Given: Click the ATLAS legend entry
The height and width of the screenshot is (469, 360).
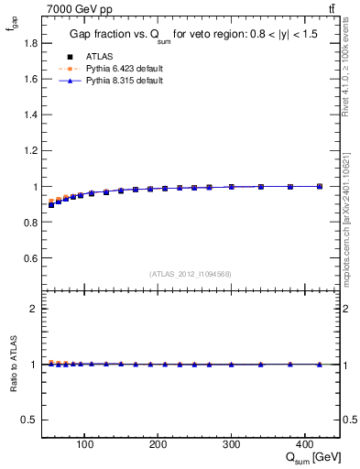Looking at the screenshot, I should point(100,55).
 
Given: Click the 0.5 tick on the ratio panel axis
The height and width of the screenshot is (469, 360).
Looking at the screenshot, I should point(31,420).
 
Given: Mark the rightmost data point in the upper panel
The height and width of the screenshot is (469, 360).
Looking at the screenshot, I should point(320,186).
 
